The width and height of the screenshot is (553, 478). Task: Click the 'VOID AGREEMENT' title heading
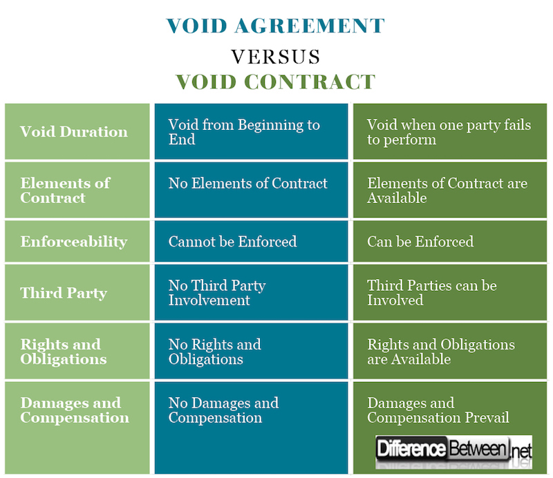275,26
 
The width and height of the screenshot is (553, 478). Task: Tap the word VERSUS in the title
275,55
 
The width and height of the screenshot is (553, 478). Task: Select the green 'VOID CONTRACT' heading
275,82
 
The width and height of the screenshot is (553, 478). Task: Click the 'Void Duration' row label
74,132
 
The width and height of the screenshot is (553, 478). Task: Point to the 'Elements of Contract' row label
66,190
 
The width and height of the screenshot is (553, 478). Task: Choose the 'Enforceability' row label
74,242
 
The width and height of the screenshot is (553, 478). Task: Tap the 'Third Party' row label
64,293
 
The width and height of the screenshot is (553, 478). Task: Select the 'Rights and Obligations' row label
64,352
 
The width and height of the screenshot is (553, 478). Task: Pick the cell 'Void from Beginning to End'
244,132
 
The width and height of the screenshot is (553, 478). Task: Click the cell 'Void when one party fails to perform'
449,132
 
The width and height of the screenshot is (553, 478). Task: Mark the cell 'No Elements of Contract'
248,184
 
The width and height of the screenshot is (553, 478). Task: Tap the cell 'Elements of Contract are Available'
447,190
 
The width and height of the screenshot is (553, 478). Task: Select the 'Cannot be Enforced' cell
233,242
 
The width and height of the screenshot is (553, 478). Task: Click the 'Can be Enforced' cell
420,242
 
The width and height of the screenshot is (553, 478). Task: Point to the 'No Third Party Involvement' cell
217,293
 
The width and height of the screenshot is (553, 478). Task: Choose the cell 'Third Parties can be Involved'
432,293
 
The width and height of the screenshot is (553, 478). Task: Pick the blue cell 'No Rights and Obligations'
215,352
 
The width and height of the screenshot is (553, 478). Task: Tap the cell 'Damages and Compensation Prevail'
438,410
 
